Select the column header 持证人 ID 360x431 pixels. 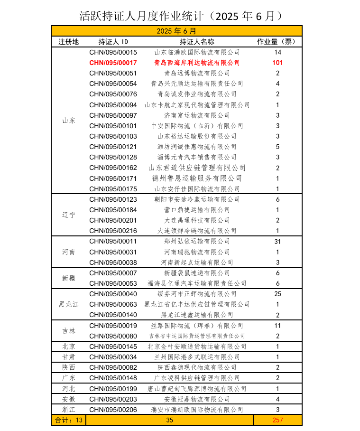[113, 42]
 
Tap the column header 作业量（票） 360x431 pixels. [277, 42]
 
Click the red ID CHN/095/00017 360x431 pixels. [113, 63]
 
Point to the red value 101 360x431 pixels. [277, 63]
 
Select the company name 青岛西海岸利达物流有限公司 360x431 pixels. [197, 63]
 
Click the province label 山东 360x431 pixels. [69, 121]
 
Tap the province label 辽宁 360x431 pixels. [69, 215]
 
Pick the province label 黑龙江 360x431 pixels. [69, 304]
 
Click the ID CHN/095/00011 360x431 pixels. [113, 241]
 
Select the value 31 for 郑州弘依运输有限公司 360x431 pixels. [277, 241]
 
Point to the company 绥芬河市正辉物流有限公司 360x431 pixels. [197, 294]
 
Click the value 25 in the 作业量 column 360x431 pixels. [277, 294]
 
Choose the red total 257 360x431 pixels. [277, 420]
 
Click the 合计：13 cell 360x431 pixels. [69, 420]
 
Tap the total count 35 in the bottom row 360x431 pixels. [170, 420]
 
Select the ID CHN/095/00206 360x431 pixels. [113, 410]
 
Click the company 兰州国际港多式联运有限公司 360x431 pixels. [197, 357]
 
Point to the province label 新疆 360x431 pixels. [69, 278]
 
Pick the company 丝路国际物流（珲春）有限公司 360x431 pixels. [197, 326]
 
